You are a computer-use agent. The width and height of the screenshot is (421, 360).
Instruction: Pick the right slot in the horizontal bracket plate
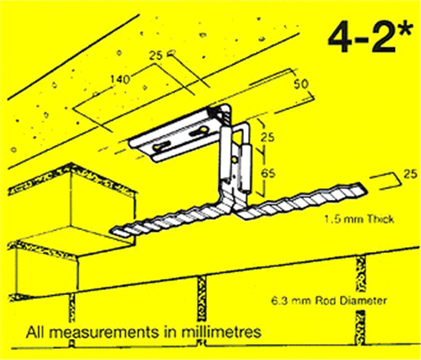click(202, 132)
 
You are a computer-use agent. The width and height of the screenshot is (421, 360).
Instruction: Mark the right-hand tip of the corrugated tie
click(362, 186)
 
